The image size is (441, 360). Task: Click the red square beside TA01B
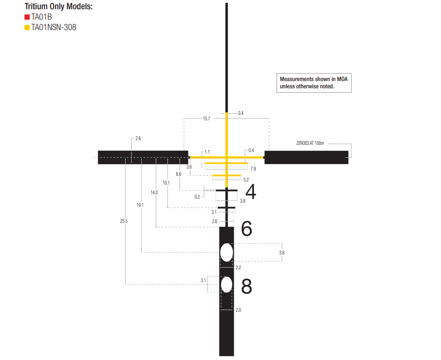pyautogui.click(x=27, y=17)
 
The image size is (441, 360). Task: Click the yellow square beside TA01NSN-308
pyautogui.click(x=27, y=28)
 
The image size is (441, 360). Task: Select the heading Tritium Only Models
pyautogui.click(x=59, y=6)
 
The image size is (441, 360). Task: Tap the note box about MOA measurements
pyautogui.click(x=314, y=83)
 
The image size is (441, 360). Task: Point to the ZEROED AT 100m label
pyautogui.click(x=310, y=143)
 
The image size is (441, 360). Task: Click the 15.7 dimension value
pyautogui.click(x=206, y=118)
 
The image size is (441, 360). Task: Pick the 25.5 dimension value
pyautogui.click(x=124, y=221)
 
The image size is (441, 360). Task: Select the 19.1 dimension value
pyautogui.click(x=140, y=205)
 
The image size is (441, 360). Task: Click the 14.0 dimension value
pyautogui.click(x=154, y=193)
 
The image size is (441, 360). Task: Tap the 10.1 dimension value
pyautogui.click(x=166, y=183)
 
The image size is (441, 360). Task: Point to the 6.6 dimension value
pyautogui.click(x=179, y=174)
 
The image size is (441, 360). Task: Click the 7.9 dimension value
pyautogui.click(x=253, y=169)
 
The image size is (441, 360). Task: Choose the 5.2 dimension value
pyautogui.click(x=246, y=179)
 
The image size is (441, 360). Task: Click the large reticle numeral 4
pyautogui.click(x=251, y=192)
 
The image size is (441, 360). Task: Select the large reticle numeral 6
pyautogui.click(x=247, y=228)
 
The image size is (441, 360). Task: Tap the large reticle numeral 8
pyautogui.click(x=247, y=287)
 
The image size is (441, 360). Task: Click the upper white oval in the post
pyautogui.click(x=227, y=252)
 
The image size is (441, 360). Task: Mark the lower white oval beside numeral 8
pyautogui.click(x=227, y=285)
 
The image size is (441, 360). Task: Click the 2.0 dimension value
pyautogui.click(x=238, y=310)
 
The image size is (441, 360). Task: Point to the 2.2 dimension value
pyautogui.click(x=238, y=268)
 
